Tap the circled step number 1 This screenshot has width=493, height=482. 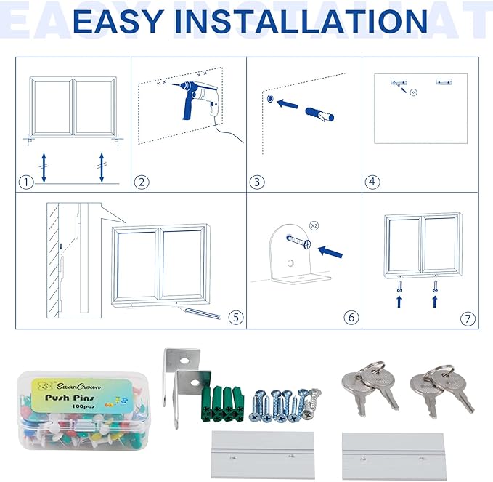[27, 182]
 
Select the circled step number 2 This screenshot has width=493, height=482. [142, 182]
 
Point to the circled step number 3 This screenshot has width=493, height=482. [256, 182]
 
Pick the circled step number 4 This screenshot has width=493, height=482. [372, 182]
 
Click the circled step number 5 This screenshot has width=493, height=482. [234, 317]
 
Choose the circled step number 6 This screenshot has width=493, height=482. [351, 317]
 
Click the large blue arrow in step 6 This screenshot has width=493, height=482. [331, 252]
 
